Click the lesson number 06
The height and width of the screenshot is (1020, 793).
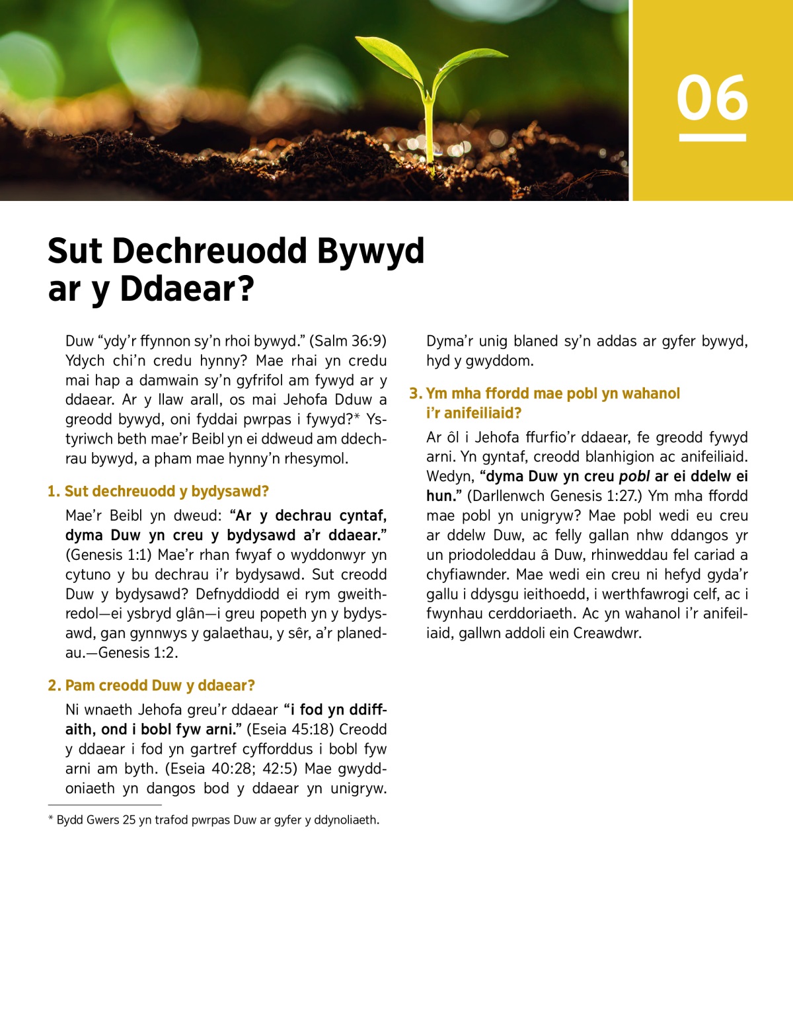(712, 98)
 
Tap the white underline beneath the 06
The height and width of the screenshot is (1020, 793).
(712, 137)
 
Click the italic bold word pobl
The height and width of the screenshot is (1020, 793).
(634, 477)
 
